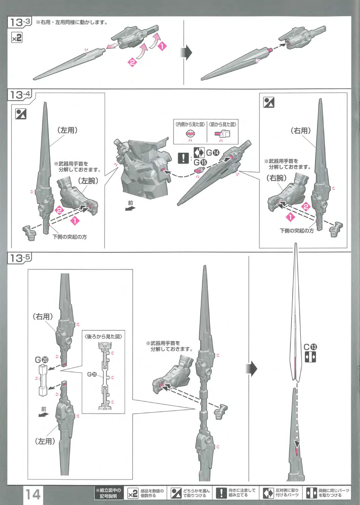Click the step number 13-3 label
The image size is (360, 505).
[x=20, y=23]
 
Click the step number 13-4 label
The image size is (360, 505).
[x=20, y=95]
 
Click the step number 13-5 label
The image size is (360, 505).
[x=20, y=258]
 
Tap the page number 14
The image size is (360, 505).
[x=33, y=495]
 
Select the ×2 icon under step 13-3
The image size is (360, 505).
[x=17, y=38]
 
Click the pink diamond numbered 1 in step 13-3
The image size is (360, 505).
[x=163, y=46]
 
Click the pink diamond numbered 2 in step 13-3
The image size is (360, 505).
[x=132, y=62]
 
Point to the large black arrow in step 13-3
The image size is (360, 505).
[x=187, y=53]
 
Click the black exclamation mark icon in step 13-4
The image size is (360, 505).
[x=183, y=158]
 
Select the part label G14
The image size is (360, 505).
[x=213, y=153]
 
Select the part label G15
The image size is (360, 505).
[x=201, y=162]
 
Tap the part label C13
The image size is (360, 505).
[x=310, y=347]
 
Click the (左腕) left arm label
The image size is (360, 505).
[x=88, y=181]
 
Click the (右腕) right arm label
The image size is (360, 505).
[x=277, y=178]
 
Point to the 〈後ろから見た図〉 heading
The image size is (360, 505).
[x=103, y=336]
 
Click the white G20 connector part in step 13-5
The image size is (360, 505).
[x=43, y=379]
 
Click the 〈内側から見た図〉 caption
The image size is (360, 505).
[x=190, y=125]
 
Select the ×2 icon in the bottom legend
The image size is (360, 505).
[x=133, y=494]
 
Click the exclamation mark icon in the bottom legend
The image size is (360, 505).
[x=221, y=493]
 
